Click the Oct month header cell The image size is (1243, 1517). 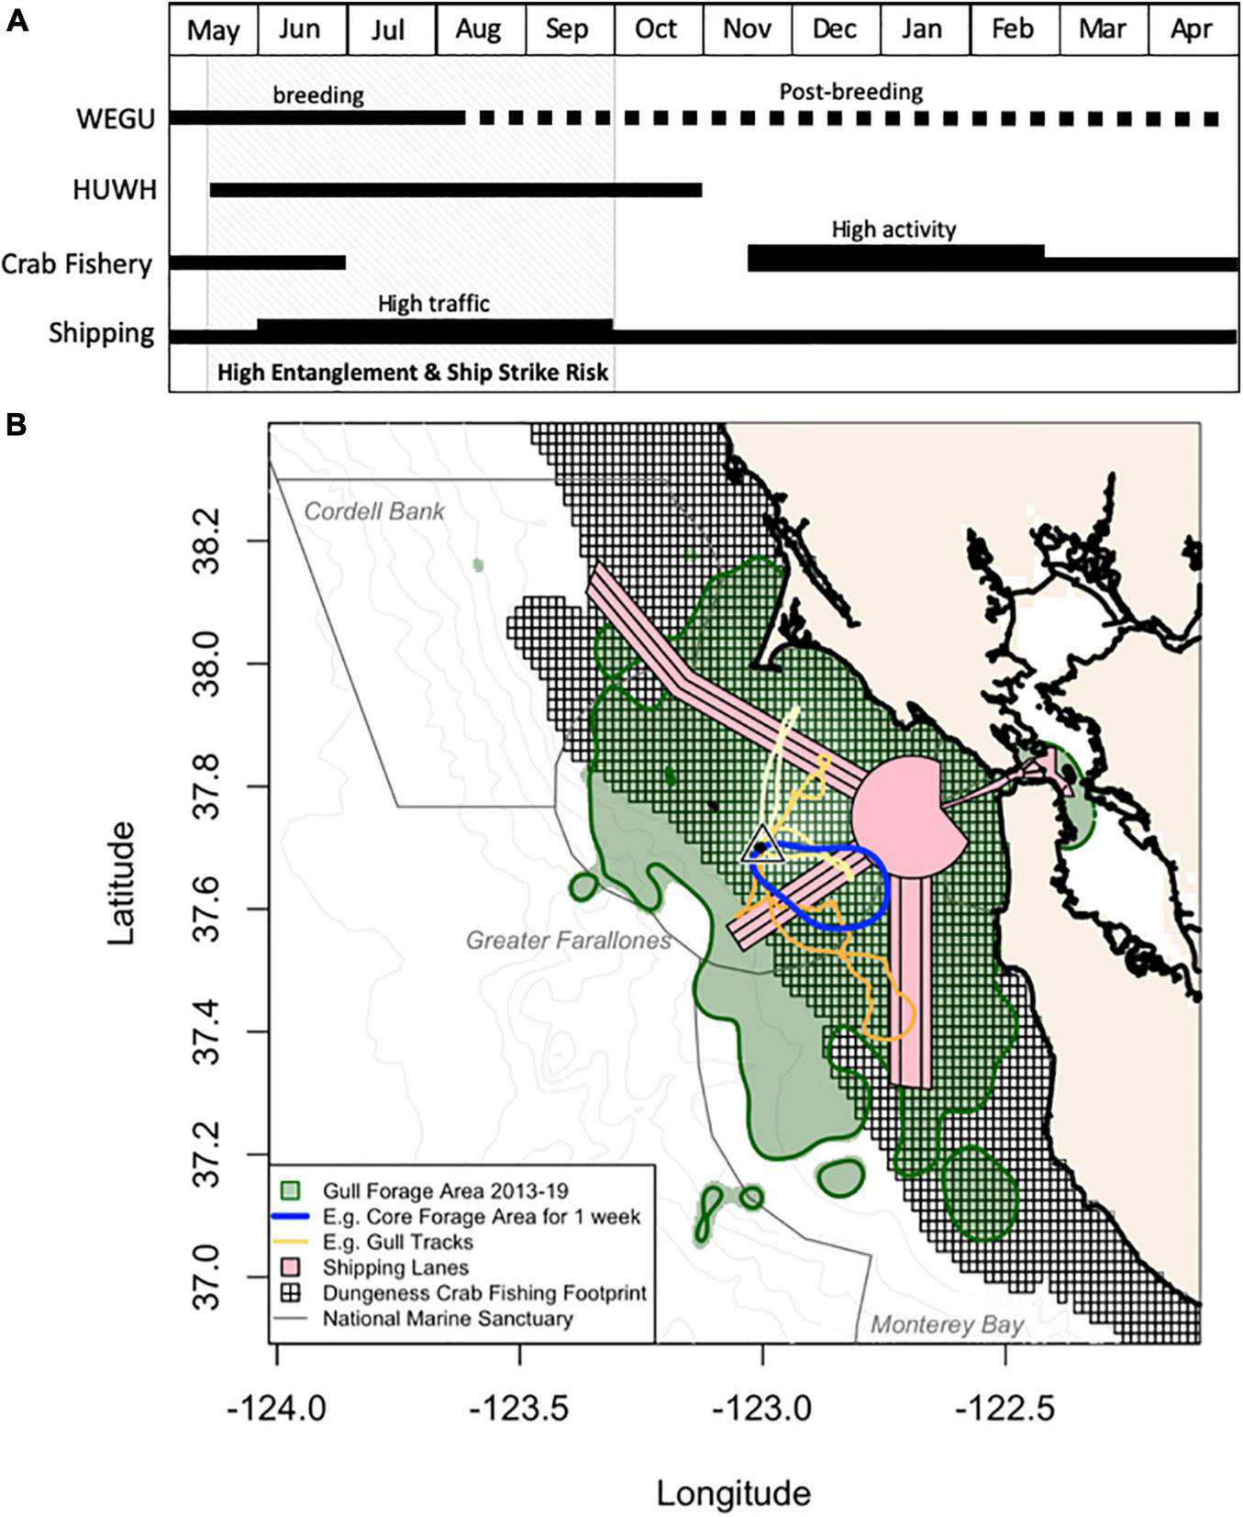click(x=657, y=29)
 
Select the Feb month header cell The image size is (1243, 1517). click(x=1013, y=29)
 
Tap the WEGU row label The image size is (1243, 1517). click(x=116, y=119)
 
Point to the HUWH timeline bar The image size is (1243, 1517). click(x=456, y=190)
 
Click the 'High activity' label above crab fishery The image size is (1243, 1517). click(x=893, y=229)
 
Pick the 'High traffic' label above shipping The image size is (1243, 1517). click(x=433, y=303)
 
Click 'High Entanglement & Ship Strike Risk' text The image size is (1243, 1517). click(x=413, y=374)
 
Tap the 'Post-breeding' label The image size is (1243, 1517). click(x=850, y=92)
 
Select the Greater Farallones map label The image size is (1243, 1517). click(x=568, y=940)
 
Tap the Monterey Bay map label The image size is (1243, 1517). click(x=947, y=1324)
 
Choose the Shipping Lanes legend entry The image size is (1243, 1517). click(x=394, y=1267)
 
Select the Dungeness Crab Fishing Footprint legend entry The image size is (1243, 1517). click(x=483, y=1293)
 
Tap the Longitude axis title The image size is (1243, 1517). click(x=733, y=1493)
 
